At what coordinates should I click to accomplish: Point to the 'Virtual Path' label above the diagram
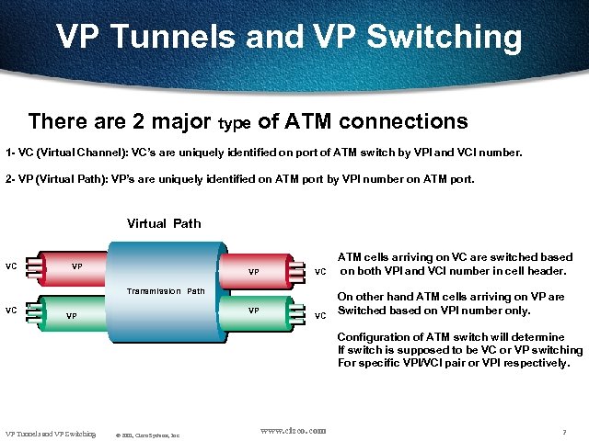point(164,223)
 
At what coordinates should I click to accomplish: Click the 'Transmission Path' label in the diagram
point(166,291)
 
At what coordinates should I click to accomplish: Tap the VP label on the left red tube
point(78,267)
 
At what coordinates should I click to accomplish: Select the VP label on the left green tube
point(71,316)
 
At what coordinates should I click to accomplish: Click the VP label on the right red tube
point(253,272)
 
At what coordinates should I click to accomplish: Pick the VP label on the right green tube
point(253,311)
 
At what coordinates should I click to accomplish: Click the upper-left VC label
point(11,266)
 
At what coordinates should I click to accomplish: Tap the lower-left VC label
point(11,310)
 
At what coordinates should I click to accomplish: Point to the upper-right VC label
point(320,272)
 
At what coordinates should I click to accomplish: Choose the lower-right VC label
point(320,316)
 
